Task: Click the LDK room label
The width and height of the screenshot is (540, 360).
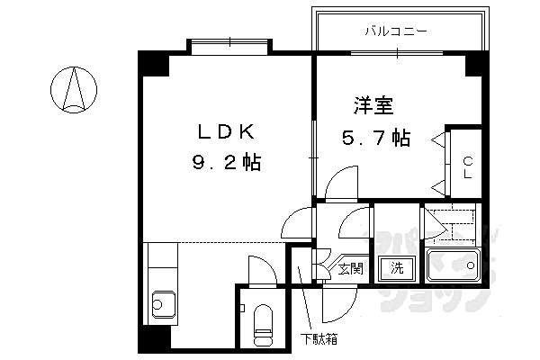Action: pyautogui.click(x=227, y=132)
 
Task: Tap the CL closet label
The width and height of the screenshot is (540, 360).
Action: pyautogui.click(x=468, y=168)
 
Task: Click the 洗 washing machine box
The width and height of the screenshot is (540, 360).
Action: pyautogui.click(x=397, y=267)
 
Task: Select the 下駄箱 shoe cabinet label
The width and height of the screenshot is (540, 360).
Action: pyautogui.click(x=319, y=339)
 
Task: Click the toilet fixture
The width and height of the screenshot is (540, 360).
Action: pyautogui.click(x=264, y=326)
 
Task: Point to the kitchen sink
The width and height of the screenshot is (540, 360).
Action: pyautogui.click(x=163, y=303)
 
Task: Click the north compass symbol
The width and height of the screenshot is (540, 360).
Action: pyautogui.click(x=76, y=91)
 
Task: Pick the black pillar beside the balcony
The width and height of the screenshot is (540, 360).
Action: pyautogui.click(x=475, y=63)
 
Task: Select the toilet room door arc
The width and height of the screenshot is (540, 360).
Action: pyautogui.click(x=261, y=270)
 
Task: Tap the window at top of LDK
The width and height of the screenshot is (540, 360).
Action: pyautogui.click(x=229, y=43)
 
